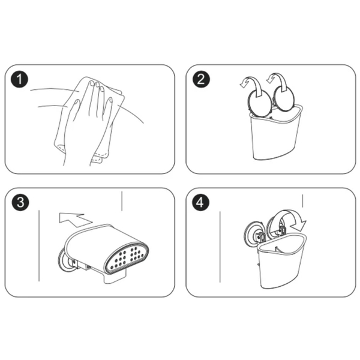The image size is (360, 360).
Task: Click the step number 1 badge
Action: pos(20,79)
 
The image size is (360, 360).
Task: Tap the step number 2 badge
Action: pos(201,79)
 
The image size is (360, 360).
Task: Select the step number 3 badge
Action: pos(20,203)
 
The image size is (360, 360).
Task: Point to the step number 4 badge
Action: pos(200,203)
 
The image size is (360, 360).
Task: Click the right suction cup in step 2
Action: pos(284,99)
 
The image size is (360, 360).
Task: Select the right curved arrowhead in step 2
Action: pos(271,79)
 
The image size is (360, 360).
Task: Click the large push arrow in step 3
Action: pos(74,220)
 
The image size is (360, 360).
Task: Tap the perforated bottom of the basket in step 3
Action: pos(127,258)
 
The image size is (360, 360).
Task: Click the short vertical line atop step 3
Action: pos(122,201)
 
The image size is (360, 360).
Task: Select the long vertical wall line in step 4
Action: pos(220,247)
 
